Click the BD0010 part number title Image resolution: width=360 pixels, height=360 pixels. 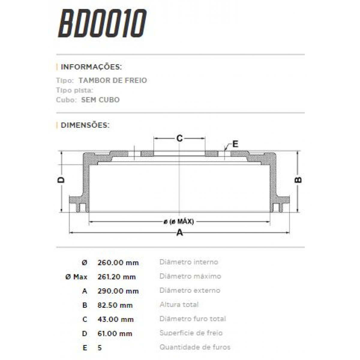(102, 23)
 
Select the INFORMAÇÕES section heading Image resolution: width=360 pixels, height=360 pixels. (91, 67)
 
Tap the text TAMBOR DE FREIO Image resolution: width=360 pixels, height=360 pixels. (113, 80)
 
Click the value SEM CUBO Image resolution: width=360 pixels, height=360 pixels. (100, 100)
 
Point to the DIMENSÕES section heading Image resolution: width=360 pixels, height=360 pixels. (85, 125)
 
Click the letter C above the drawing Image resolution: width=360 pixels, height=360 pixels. (179, 138)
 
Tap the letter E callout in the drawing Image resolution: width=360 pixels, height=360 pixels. (235, 144)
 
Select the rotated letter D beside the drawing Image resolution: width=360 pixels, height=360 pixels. (61, 180)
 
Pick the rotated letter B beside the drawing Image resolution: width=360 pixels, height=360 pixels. (298, 180)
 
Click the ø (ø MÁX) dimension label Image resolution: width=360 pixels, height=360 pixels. (179, 222)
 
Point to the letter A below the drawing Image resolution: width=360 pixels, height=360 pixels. (179, 232)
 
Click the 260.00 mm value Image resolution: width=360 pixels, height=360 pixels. (118, 263)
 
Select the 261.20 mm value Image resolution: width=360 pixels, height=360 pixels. (116, 277)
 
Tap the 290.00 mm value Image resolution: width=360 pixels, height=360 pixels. (118, 291)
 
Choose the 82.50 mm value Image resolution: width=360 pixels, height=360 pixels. (115, 305)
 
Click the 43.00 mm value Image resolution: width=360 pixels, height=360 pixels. (115, 319)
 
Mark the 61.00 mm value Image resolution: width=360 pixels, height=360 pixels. (115, 334)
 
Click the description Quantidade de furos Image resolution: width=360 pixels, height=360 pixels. (195, 347)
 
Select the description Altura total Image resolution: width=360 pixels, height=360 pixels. (179, 305)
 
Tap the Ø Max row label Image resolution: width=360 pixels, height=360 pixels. (76, 277)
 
